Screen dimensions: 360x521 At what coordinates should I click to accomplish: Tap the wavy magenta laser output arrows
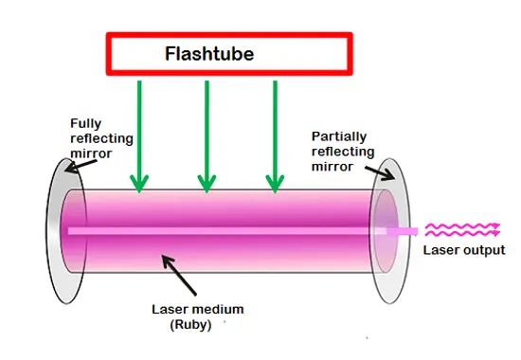[462, 228]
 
